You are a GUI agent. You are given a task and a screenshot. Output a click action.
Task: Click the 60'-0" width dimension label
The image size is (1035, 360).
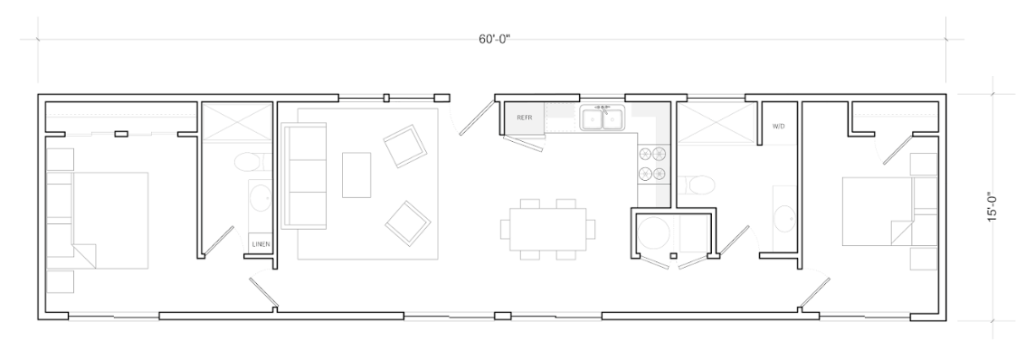pos(494,39)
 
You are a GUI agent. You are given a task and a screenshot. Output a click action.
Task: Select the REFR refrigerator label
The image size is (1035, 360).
pos(525,118)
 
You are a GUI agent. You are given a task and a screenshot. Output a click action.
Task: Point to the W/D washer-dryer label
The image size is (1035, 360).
pos(778,126)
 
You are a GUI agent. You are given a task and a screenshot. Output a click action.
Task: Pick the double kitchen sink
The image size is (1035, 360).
pos(603,118)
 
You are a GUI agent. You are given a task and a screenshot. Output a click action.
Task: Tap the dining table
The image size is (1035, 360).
pos(547,229)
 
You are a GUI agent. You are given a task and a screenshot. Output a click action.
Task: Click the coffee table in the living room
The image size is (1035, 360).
pos(356,175)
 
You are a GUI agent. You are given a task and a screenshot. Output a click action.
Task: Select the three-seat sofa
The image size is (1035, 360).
pos(304,175)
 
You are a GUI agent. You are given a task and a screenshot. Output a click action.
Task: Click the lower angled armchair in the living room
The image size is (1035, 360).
pos(408,223)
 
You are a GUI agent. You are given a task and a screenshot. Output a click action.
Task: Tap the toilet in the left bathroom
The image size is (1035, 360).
pos(252,162)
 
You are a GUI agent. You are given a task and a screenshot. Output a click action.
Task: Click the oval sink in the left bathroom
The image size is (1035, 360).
pos(260,198)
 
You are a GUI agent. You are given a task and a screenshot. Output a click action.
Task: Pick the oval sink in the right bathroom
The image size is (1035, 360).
pos(785,218)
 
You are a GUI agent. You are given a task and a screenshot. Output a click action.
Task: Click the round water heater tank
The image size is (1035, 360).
pos(653,234)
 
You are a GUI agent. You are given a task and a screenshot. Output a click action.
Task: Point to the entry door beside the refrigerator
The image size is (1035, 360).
pos(477,118)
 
